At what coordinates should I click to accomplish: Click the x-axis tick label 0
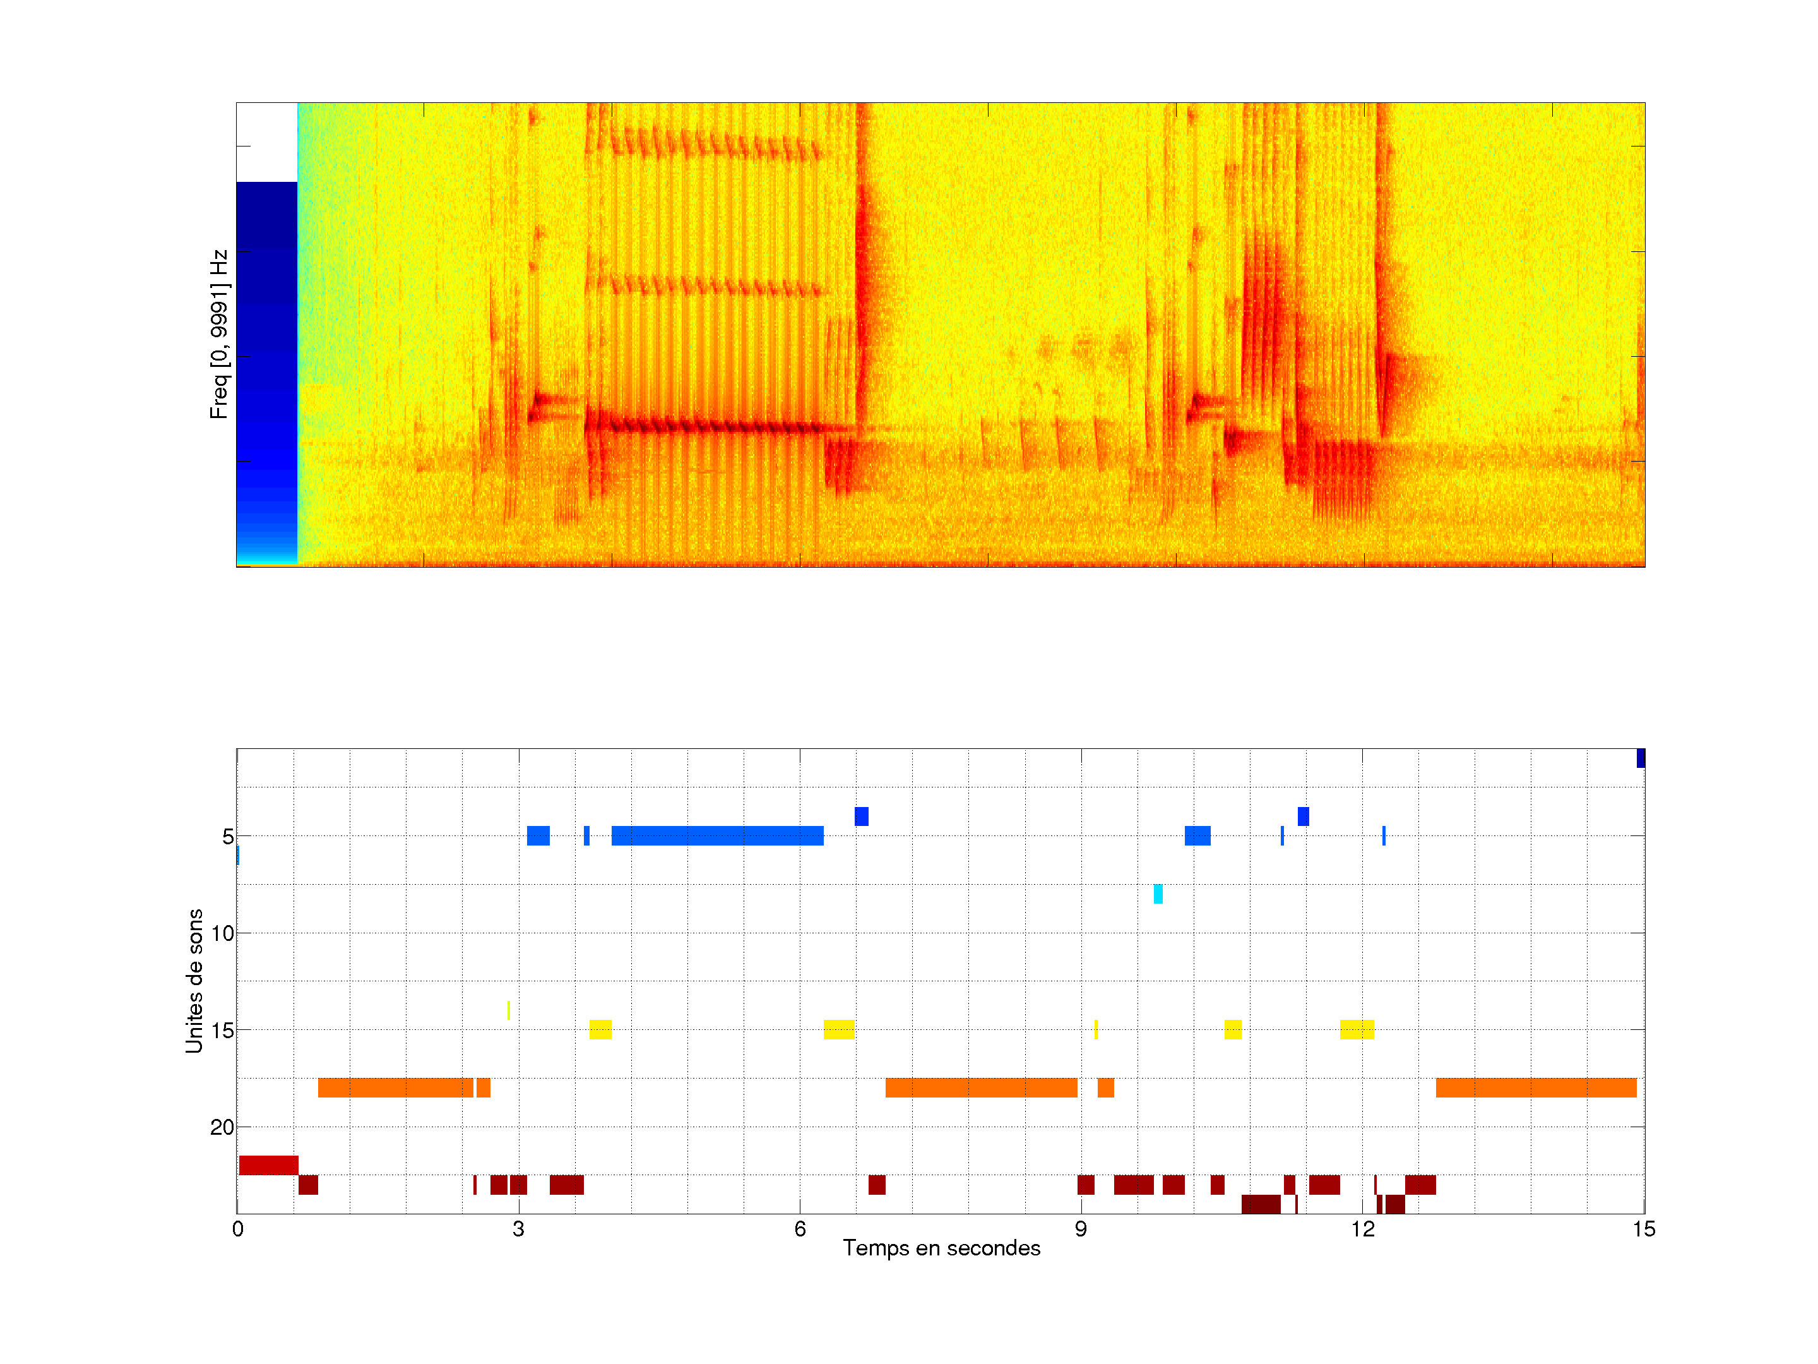point(237,1229)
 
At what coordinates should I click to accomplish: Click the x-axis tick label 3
point(519,1229)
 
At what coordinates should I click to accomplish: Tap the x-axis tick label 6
point(800,1229)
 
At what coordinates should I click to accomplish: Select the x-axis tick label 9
point(1081,1229)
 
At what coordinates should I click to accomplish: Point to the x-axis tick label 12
point(1362,1229)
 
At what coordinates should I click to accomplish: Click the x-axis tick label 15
point(1643,1229)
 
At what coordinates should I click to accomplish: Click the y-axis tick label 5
point(228,837)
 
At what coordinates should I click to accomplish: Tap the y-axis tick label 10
point(223,933)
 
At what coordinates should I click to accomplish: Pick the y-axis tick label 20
point(223,1127)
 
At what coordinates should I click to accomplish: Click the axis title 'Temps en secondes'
point(941,1248)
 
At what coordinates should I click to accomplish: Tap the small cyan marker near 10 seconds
point(1158,894)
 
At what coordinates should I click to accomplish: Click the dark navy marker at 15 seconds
point(1641,758)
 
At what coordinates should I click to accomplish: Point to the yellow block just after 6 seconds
point(838,1029)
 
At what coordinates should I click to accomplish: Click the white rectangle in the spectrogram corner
point(266,142)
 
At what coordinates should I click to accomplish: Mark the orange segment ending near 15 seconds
point(1535,1088)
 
